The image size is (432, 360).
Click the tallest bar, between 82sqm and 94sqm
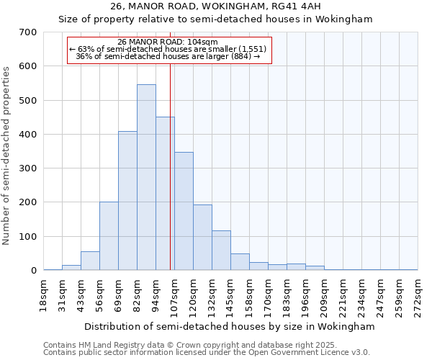[146, 177]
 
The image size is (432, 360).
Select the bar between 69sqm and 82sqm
[127, 201]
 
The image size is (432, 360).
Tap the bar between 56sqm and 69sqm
[109, 236]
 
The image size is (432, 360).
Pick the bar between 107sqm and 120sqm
[184, 211]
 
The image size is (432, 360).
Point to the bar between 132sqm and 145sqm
[221, 251]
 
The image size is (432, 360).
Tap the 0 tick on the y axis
[34, 271]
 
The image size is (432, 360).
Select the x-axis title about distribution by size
[230, 326]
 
